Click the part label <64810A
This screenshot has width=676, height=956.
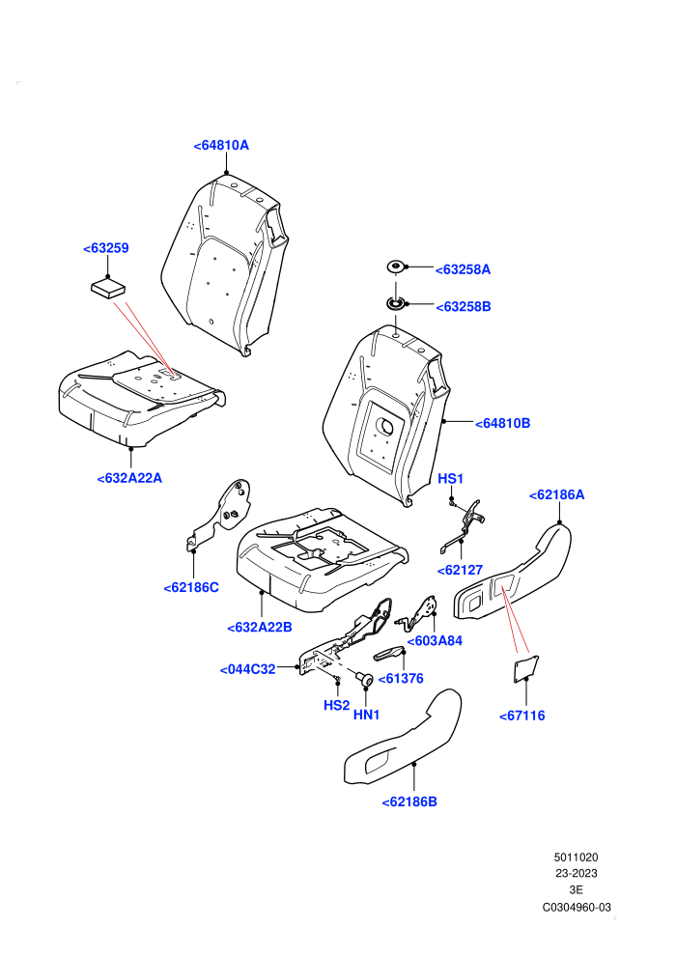coord(221,145)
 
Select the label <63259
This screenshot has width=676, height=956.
coord(106,248)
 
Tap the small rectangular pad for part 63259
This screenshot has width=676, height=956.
coord(108,288)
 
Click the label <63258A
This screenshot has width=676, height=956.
coord(463,269)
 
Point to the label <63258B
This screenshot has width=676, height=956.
coord(464,307)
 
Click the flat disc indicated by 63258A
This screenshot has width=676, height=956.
coord(396,267)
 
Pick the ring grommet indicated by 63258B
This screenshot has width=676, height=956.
coord(396,303)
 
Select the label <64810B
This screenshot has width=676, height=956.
coord(502,423)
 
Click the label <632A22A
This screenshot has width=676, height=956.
coord(129,478)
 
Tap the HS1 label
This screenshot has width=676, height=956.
coord(450,479)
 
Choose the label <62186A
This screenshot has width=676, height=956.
coord(556,495)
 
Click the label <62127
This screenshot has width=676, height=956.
coord(461,571)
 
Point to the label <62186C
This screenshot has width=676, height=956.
coord(191,588)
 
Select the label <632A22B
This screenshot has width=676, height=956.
coord(260,628)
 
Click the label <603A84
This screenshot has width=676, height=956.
coord(435,641)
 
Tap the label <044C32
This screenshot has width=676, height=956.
coord(248,669)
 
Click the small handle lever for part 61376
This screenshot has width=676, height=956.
coord(388,655)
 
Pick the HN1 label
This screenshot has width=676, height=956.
coord(366,716)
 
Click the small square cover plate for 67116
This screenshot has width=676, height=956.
coord(524,669)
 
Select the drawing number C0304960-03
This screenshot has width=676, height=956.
coord(577,907)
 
